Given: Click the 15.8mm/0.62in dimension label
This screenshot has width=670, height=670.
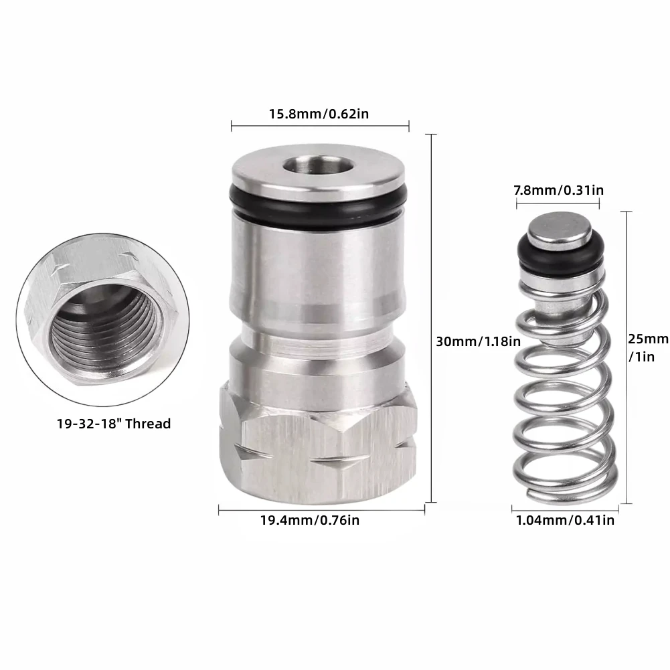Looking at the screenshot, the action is (319, 114).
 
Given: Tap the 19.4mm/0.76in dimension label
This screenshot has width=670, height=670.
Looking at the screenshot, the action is (310, 520).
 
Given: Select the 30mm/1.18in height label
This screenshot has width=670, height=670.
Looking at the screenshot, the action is (479, 341).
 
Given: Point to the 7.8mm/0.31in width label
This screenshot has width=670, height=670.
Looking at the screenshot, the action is (559, 189).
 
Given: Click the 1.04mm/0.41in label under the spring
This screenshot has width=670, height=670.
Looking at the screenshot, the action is (566, 520).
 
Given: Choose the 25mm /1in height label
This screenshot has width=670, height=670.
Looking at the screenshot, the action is (648, 347).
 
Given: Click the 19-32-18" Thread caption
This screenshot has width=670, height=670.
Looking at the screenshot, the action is (114, 424).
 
